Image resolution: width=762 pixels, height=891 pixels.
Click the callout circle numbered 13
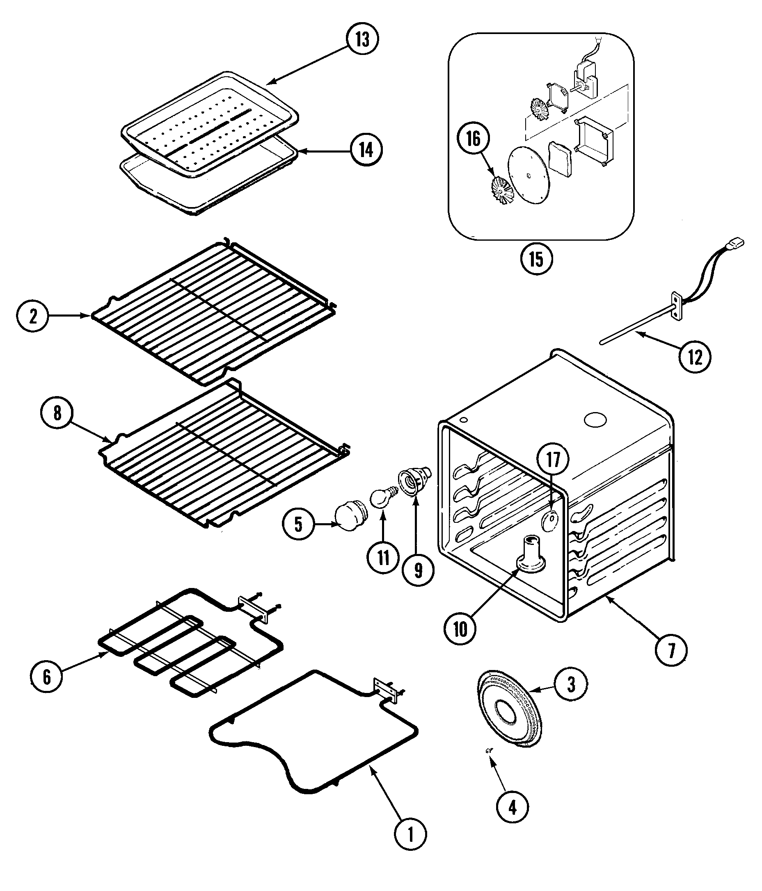pyautogui.click(x=362, y=39)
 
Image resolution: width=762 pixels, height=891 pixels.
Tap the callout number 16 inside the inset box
pyautogui.click(x=473, y=139)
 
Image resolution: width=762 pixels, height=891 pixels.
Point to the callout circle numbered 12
pyautogui.click(x=695, y=357)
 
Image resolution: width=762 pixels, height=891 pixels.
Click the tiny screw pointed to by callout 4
pyautogui.click(x=489, y=750)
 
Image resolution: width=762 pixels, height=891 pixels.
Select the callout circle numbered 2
pyautogui.click(x=32, y=316)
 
